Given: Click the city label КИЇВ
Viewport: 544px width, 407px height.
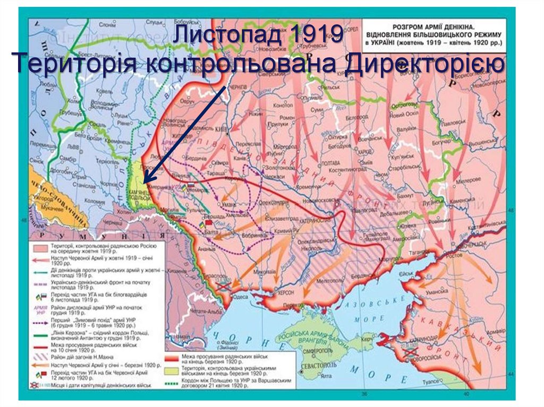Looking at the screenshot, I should pyautogui.click(x=223, y=129).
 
